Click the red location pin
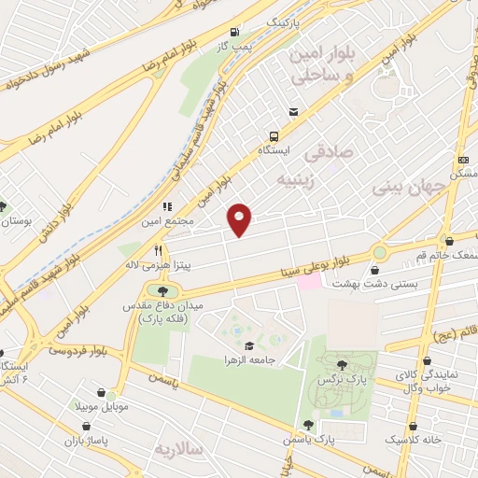[240, 218]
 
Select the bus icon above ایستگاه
[273, 134]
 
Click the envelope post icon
[294, 111]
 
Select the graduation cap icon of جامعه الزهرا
[248, 346]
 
